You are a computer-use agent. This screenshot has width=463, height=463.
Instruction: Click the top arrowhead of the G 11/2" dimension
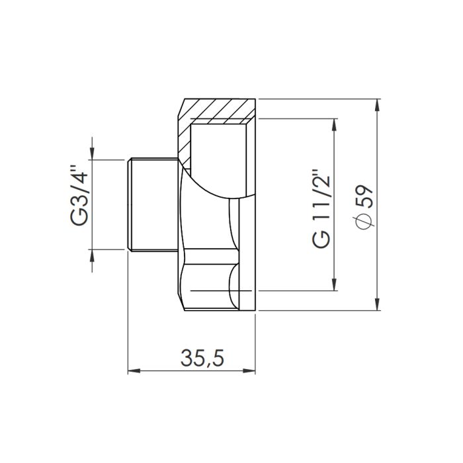click(x=335, y=125)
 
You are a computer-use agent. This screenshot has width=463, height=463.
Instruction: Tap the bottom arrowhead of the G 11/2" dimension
click(x=335, y=285)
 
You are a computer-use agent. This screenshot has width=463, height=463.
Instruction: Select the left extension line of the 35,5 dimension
click(x=127, y=317)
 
